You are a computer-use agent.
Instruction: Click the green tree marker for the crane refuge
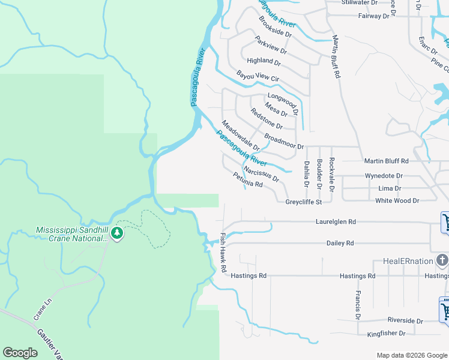pos(118,233)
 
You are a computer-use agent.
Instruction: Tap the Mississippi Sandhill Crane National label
pos(71,233)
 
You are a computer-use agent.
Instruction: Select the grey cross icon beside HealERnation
pos(442,260)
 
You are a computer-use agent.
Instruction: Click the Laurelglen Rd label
pos(336,221)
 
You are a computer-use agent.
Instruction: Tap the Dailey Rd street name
pos(340,243)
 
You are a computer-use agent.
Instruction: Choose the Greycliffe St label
pos(304,202)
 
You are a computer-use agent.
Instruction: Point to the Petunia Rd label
pos(248,180)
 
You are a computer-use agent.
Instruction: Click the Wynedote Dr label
pos(384,176)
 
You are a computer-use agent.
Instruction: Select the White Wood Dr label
pos(397,200)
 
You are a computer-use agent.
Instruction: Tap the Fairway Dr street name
pos(373,16)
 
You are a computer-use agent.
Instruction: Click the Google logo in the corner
pos(20,353)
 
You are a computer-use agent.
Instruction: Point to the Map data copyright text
pos(412,355)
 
